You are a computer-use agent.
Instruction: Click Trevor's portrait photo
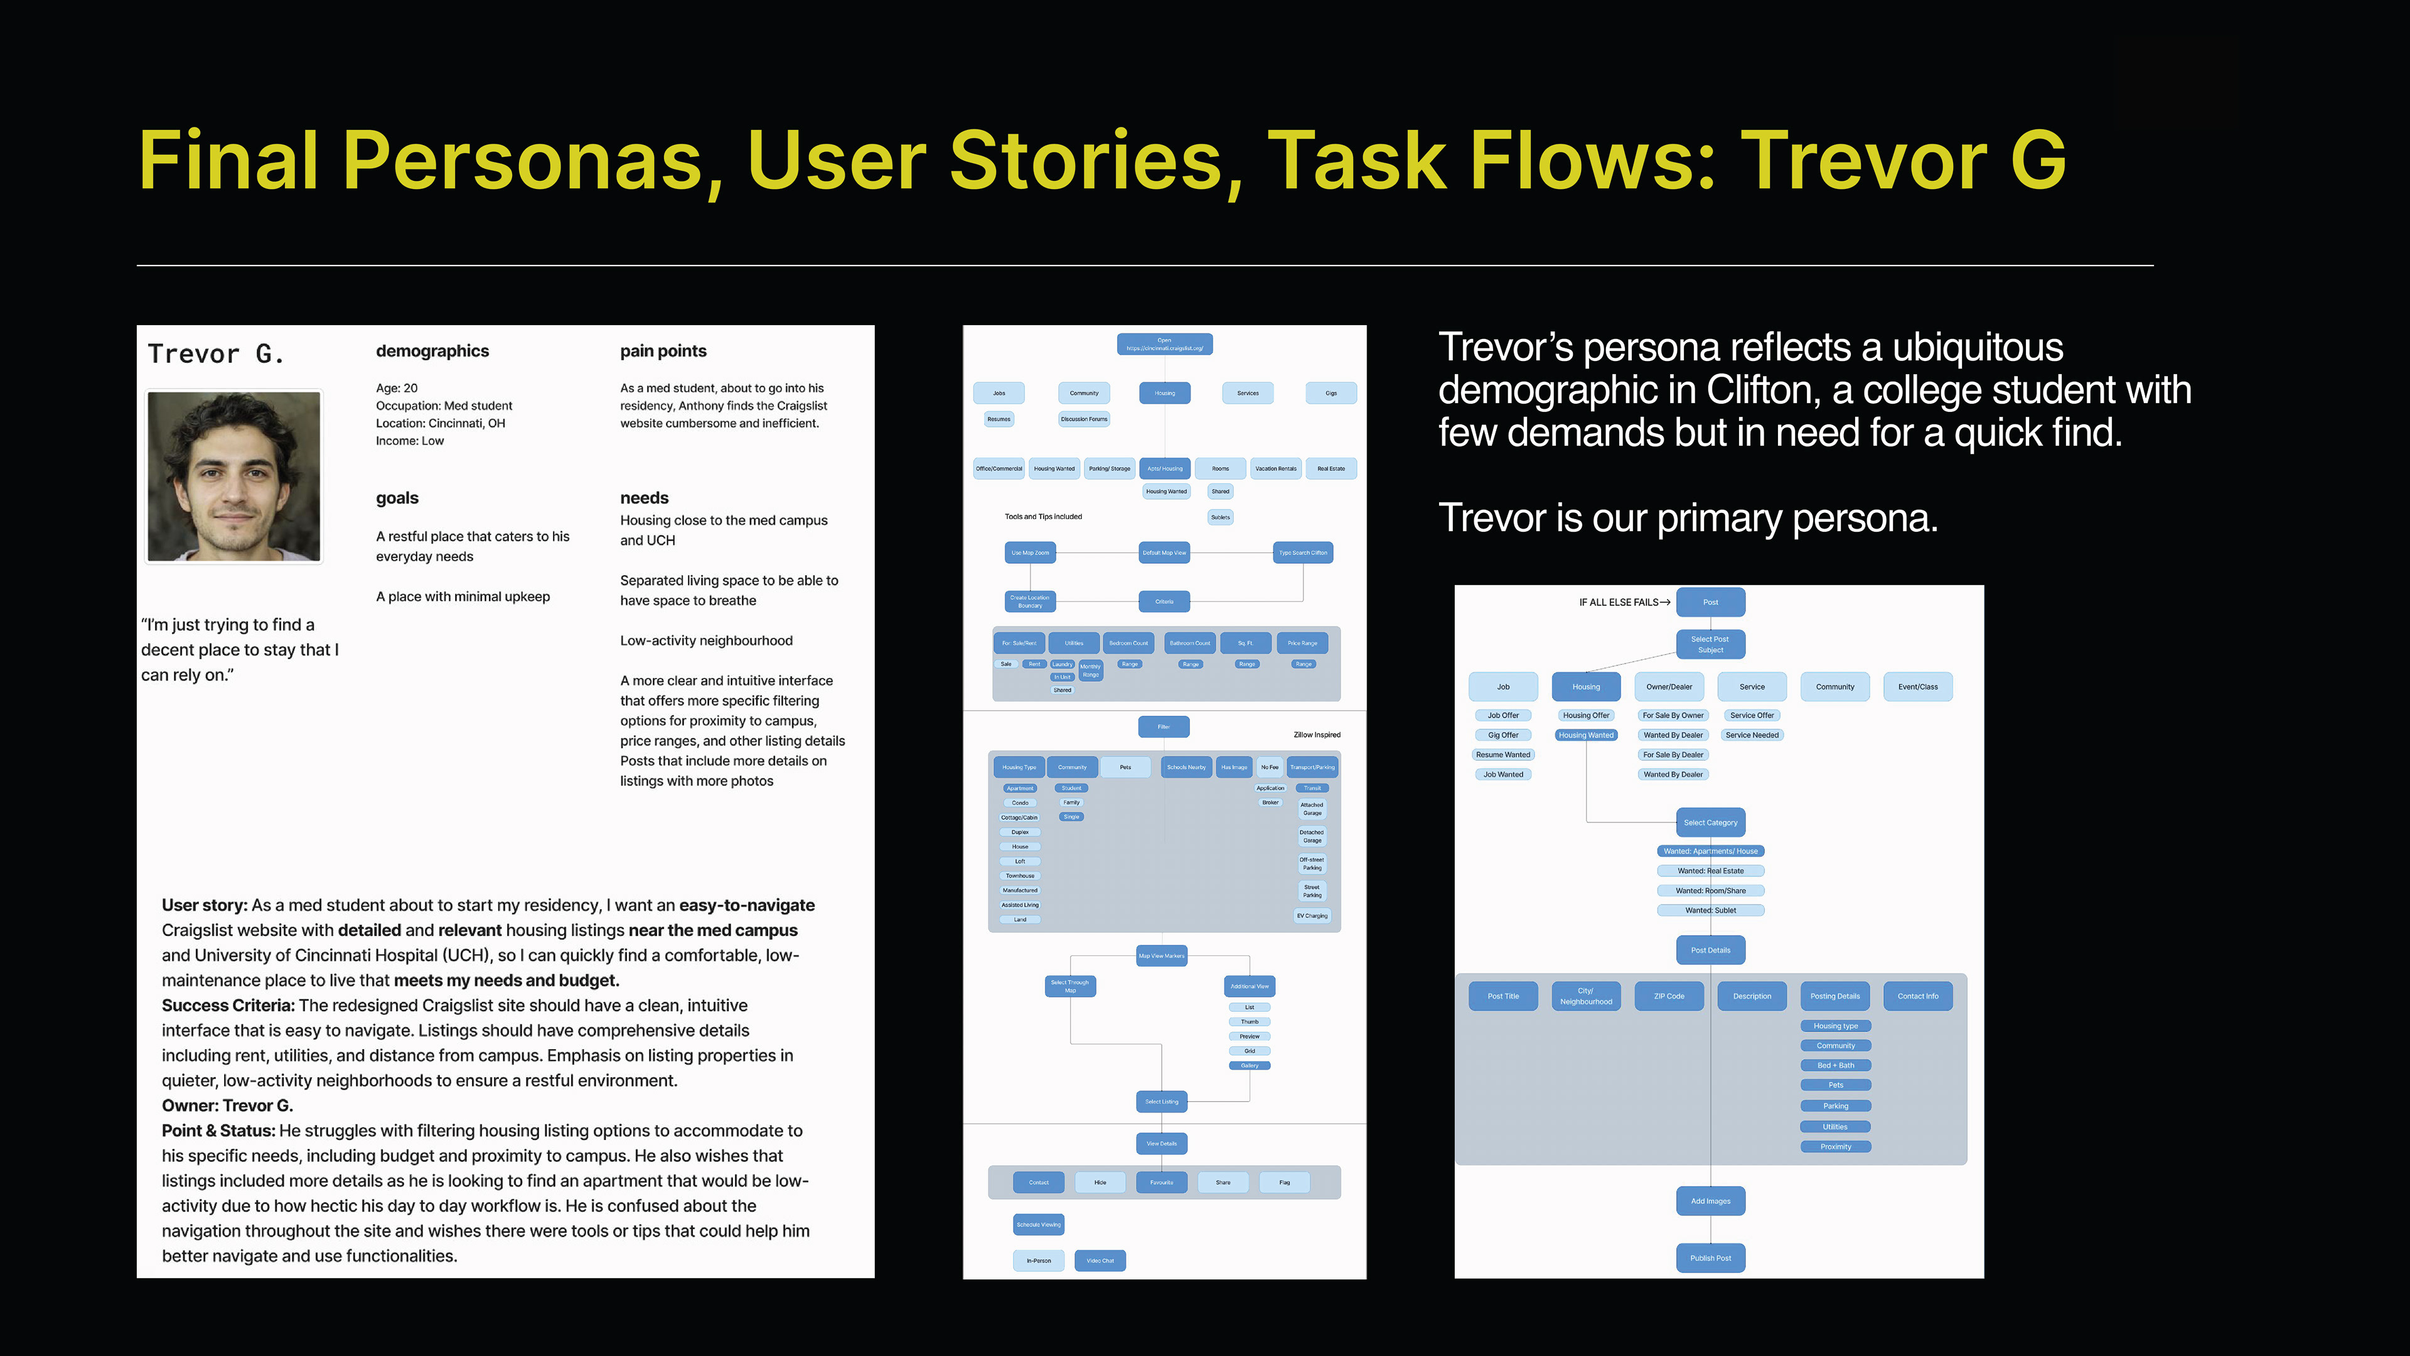[234, 476]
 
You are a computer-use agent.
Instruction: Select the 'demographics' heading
[432, 351]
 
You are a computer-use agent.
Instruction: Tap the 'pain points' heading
[663, 351]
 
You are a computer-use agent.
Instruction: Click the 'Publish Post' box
[1710, 1257]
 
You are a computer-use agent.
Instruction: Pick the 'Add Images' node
[1710, 1201]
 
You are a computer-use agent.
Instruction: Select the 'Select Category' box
[1710, 822]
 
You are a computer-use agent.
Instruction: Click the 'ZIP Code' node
[1669, 996]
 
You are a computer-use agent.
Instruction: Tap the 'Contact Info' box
[1918, 996]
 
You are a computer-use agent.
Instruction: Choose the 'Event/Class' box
[1918, 687]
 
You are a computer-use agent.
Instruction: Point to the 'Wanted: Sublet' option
[1710, 910]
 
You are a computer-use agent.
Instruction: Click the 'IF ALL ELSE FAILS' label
[1619, 603]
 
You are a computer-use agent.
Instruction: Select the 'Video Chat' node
[1100, 1261]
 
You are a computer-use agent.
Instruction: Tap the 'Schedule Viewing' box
[1039, 1224]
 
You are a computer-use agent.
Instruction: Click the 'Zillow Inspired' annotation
[1316, 734]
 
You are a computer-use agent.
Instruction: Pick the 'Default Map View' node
[1164, 553]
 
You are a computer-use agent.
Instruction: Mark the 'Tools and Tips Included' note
[1043, 517]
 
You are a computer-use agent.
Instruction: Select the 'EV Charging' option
[1312, 916]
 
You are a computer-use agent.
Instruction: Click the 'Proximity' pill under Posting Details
[1836, 1146]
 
